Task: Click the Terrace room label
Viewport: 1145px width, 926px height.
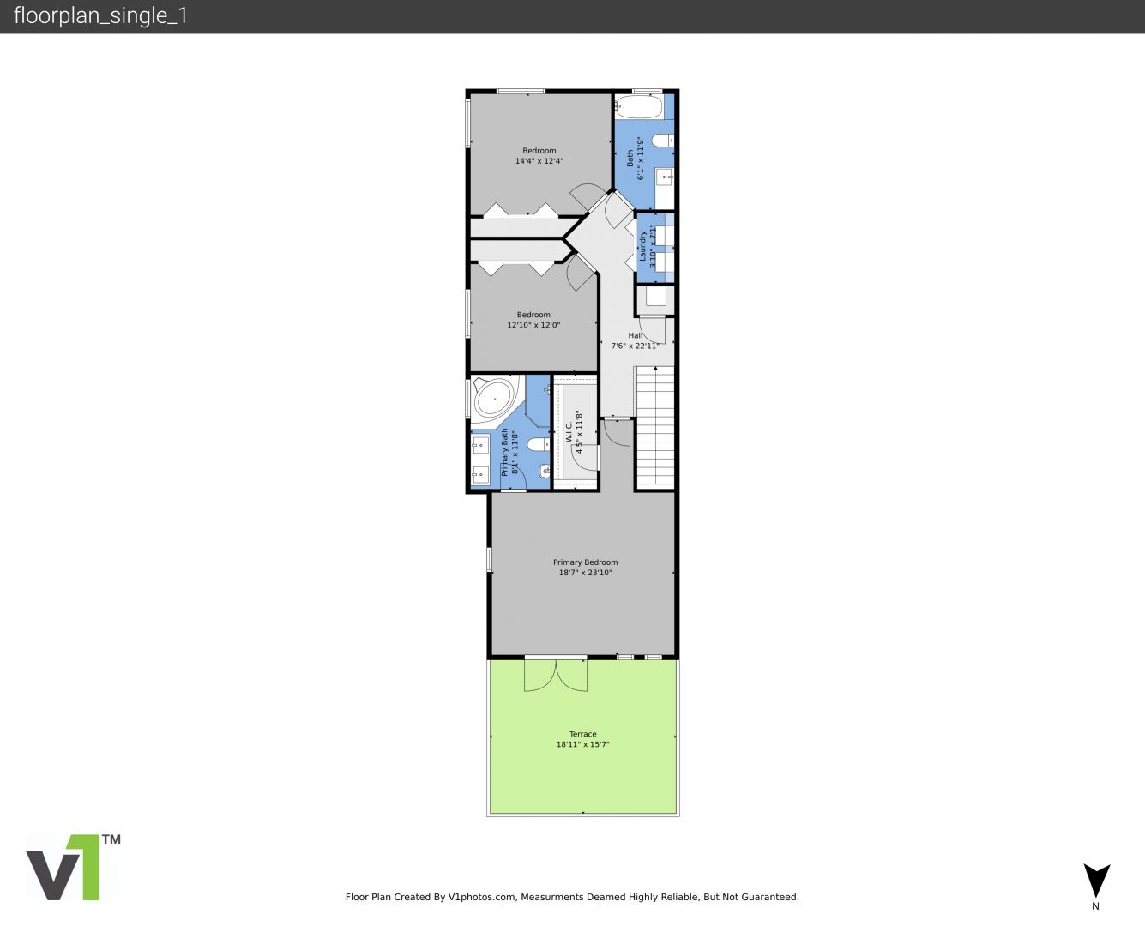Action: [x=582, y=734]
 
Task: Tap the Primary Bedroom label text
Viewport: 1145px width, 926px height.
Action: [x=586, y=562]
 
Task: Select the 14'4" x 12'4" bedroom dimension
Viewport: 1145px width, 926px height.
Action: [x=539, y=160]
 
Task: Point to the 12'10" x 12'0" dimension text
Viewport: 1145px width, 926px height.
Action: [x=533, y=325]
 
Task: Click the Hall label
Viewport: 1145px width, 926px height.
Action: [x=636, y=335]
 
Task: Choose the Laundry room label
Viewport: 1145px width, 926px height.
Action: [x=642, y=246]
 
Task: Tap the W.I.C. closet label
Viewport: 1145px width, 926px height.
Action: [x=569, y=432]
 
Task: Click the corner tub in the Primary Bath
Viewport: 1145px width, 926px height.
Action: [x=495, y=398]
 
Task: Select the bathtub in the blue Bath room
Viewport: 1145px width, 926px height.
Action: [x=639, y=105]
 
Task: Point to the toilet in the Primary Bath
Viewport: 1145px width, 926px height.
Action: [x=539, y=444]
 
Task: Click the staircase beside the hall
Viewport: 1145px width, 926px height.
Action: [x=655, y=427]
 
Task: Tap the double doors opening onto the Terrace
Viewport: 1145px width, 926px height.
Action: [x=556, y=674]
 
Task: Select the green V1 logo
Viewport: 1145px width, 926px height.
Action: [x=74, y=867]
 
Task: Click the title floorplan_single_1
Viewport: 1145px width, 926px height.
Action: [x=100, y=15]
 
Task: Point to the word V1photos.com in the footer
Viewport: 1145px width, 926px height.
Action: [x=482, y=897]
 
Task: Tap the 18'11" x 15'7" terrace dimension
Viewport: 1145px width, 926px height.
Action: [x=582, y=744]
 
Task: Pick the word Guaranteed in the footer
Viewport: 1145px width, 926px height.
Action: [x=771, y=897]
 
